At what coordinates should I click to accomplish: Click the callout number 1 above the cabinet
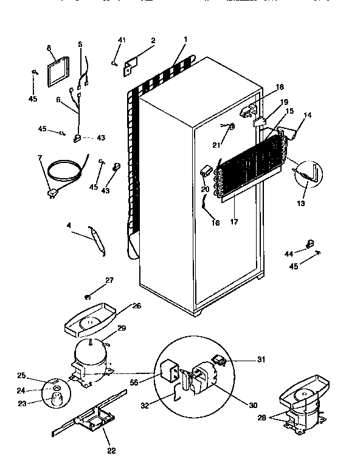coord(185,40)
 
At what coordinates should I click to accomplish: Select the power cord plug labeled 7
coord(52,193)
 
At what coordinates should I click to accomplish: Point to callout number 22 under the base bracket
coord(111,451)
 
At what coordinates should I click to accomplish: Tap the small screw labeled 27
coord(88,297)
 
